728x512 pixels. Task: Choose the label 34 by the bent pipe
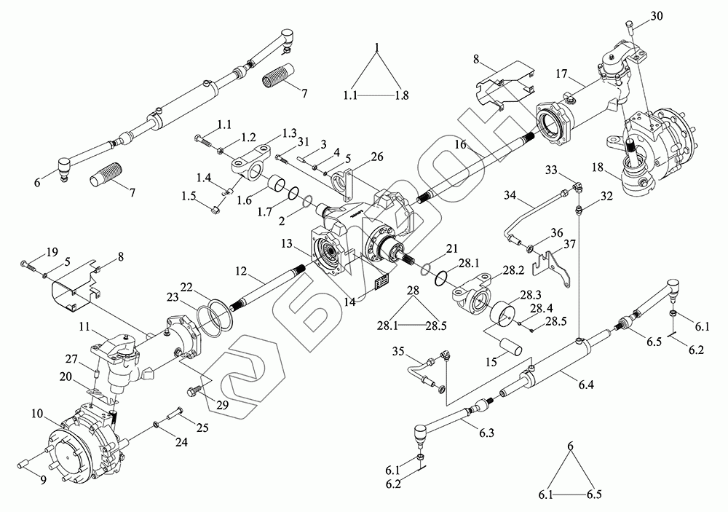click(510, 196)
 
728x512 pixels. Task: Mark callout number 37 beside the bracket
click(570, 243)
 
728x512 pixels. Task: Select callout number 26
click(376, 157)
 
